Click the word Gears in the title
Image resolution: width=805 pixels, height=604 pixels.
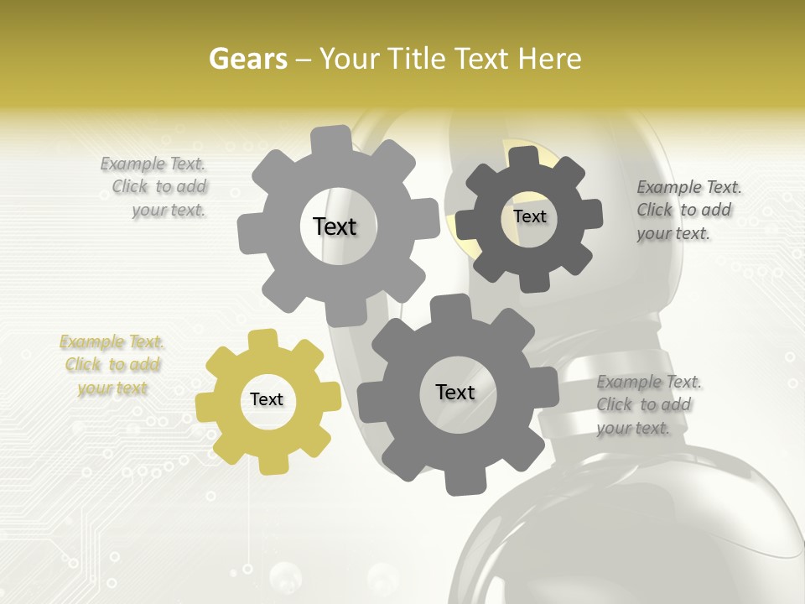pyautogui.click(x=248, y=59)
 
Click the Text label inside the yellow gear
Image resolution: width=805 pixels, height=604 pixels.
pyautogui.click(x=267, y=400)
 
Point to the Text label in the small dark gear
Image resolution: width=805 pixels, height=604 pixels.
pyautogui.click(x=530, y=216)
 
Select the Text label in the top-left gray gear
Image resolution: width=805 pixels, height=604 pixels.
pyautogui.click(x=335, y=226)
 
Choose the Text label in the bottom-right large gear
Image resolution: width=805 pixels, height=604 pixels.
pyautogui.click(x=455, y=393)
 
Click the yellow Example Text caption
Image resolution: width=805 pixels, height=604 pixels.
pyautogui.click(x=112, y=365)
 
